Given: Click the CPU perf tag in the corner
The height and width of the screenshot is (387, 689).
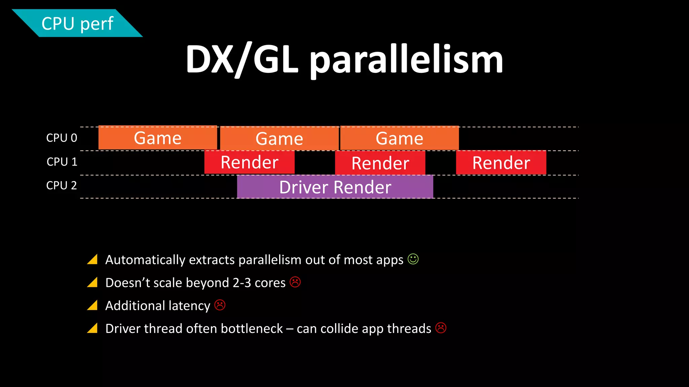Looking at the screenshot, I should click(77, 24).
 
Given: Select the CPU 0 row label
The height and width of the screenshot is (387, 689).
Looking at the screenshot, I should click(62, 138).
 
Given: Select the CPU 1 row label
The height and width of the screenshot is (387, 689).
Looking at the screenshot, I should click(62, 162).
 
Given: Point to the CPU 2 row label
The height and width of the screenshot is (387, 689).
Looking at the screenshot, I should click(62, 185).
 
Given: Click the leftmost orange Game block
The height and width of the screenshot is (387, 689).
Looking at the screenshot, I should click(157, 138).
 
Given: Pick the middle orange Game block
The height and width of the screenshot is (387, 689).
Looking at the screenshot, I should click(279, 138).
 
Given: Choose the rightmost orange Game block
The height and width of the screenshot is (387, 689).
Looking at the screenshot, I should click(399, 138).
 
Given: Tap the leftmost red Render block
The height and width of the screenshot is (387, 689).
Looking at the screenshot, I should click(249, 162).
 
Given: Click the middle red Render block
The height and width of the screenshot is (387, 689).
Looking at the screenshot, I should click(380, 163).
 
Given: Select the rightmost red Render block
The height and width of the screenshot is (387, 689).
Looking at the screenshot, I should click(501, 163).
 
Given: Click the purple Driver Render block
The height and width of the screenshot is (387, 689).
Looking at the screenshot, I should click(335, 187).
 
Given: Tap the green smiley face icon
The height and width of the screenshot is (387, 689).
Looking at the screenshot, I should click(413, 259).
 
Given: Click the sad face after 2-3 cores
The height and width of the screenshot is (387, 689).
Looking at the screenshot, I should click(295, 282).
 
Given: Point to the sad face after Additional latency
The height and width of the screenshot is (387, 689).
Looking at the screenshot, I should click(220, 305).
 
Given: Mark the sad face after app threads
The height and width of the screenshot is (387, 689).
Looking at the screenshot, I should click(441, 328).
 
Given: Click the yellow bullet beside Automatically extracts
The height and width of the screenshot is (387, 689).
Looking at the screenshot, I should click(93, 259).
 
